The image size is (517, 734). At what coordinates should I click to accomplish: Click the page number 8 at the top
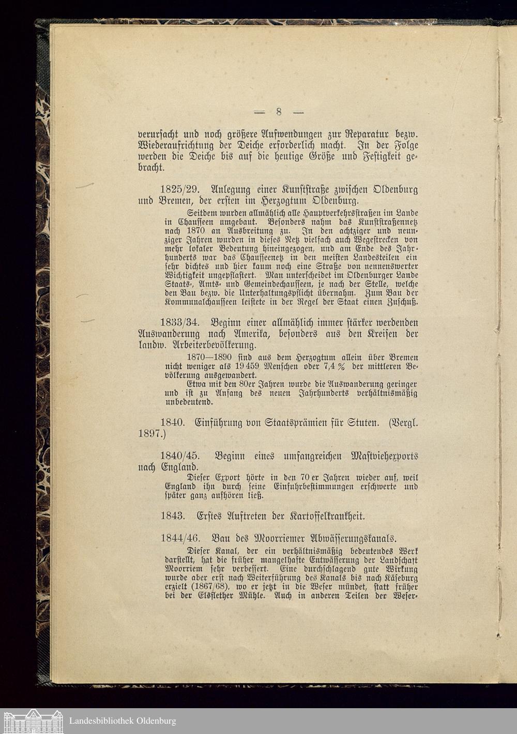pos(279,112)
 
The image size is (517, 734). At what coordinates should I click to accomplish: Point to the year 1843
pos(173,516)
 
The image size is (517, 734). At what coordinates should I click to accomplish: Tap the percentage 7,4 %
pos(334,366)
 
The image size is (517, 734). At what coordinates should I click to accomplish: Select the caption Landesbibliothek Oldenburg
pos(123,721)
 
